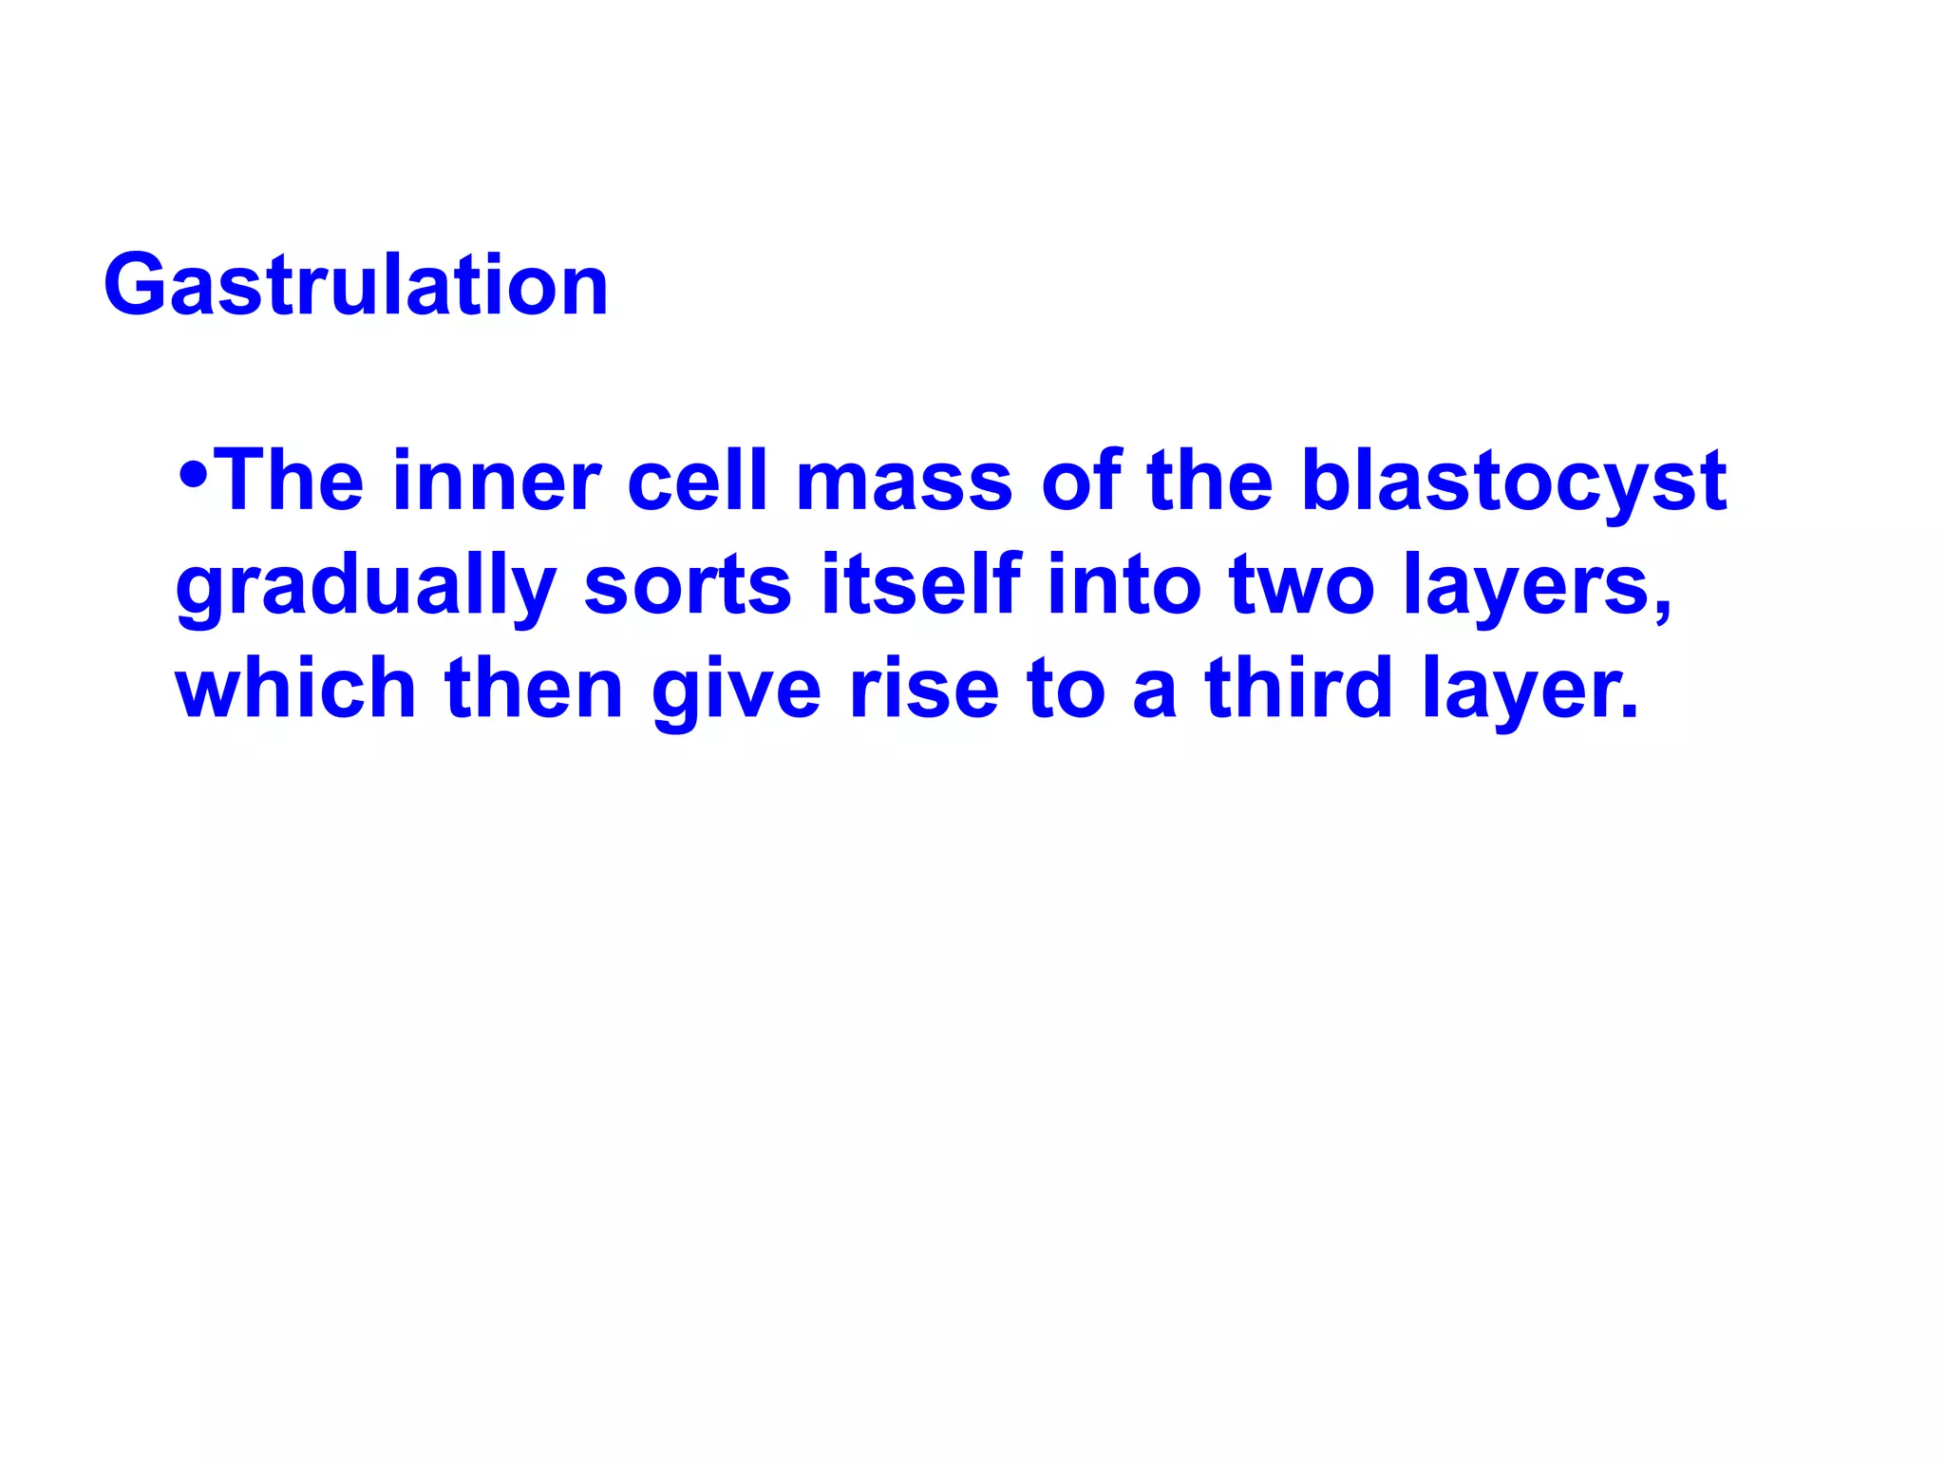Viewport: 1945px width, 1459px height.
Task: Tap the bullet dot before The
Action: click(193, 473)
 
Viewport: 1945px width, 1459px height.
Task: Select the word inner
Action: click(496, 482)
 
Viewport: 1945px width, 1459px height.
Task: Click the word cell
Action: click(697, 482)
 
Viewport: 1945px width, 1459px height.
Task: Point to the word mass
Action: click(905, 482)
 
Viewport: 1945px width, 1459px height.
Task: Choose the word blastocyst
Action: click(1513, 482)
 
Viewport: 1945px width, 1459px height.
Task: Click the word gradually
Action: click(367, 586)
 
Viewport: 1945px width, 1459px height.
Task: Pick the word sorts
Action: click(688, 586)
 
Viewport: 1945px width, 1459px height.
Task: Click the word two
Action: click(1302, 586)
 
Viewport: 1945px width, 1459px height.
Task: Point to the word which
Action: click(295, 689)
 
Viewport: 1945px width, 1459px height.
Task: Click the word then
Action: click(534, 689)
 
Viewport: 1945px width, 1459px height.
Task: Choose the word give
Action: click(736, 689)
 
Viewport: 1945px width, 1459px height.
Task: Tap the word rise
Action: click(924, 689)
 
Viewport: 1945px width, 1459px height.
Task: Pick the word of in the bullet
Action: click(1081, 482)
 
